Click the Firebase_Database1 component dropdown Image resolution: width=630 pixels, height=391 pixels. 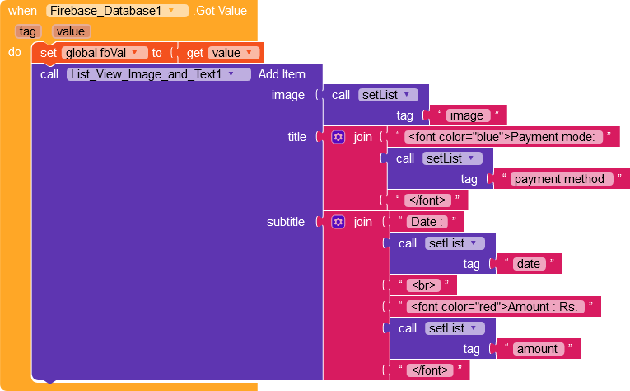(117, 11)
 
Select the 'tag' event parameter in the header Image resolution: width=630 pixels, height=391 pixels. (28, 31)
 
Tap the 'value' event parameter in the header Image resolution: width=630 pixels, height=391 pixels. (71, 31)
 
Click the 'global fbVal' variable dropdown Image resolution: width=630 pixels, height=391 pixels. (105, 53)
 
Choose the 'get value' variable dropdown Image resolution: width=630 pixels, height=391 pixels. (233, 53)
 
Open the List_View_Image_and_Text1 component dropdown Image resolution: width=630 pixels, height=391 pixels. (159, 74)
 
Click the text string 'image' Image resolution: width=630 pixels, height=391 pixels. (466, 115)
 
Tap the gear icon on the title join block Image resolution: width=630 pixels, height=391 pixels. (338, 137)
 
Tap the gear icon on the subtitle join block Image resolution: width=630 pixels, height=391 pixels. (338, 222)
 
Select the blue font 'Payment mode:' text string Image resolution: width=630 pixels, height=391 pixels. (503, 137)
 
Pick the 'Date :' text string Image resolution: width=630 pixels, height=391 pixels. (427, 222)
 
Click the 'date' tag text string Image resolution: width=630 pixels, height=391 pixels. (529, 264)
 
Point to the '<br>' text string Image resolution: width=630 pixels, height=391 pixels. (423, 285)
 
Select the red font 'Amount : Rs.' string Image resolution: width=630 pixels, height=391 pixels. (496, 307)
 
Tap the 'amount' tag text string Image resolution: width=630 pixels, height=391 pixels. (538, 349)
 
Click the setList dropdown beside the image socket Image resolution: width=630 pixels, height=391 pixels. (388, 95)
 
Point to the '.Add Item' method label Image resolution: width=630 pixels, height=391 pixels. (281, 74)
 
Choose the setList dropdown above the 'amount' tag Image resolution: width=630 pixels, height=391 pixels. (455, 328)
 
